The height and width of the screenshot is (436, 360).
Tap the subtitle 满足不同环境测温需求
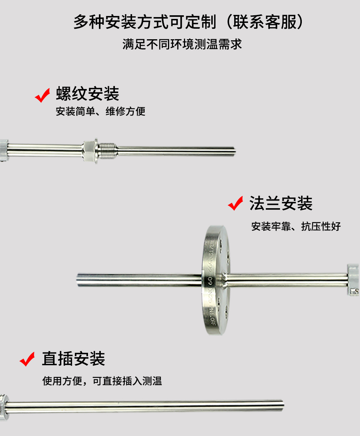tap(182, 45)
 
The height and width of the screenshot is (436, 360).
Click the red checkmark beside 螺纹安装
tap(42, 95)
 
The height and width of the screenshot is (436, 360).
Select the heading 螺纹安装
tap(87, 94)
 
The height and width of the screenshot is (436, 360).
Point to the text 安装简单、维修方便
tap(100, 111)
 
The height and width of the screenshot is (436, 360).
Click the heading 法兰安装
tap(281, 203)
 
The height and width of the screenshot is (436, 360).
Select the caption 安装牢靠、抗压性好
tap(296, 226)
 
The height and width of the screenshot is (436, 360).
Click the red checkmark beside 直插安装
tap(27, 359)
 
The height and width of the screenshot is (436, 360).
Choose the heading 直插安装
tap(73, 359)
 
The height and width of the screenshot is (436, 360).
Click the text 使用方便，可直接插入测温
tap(102, 381)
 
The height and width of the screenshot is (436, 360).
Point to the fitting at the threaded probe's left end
tap(4, 149)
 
